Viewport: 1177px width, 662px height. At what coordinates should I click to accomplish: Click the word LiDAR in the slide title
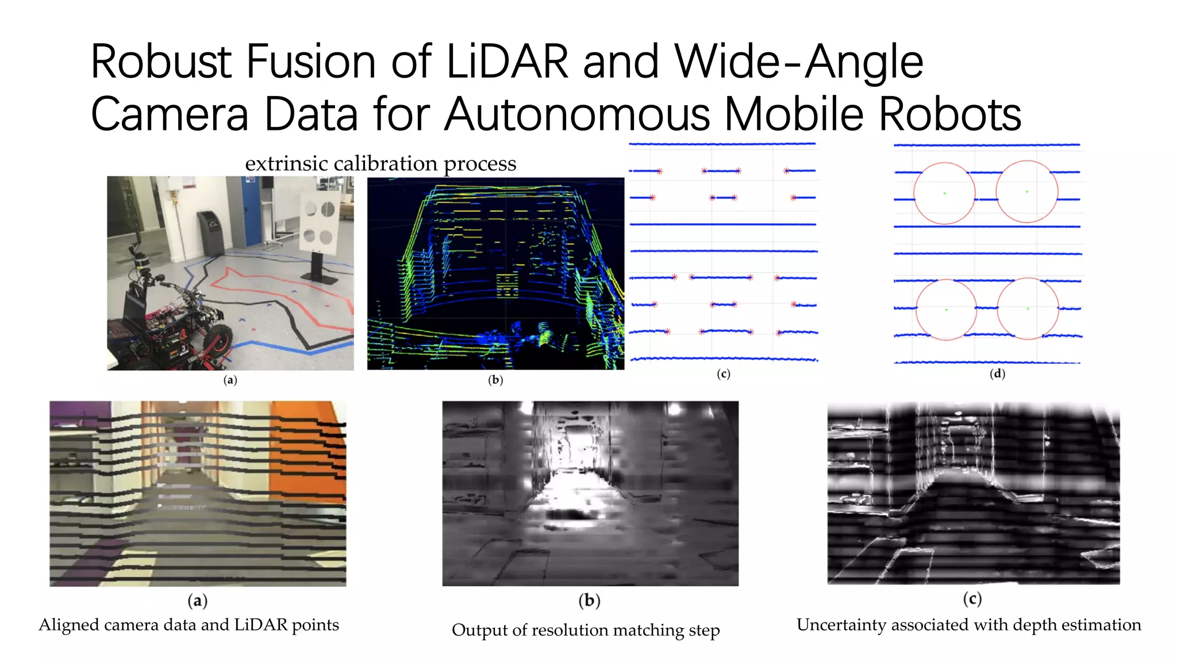click(506, 62)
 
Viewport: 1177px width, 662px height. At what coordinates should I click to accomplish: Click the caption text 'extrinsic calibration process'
click(380, 164)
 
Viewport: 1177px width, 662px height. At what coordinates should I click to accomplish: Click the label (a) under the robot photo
click(230, 380)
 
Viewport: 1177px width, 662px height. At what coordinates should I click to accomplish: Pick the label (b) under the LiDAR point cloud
click(495, 380)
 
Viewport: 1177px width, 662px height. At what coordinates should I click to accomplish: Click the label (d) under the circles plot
click(997, 374)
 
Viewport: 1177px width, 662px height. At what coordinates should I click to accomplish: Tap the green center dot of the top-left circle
click(944, 193)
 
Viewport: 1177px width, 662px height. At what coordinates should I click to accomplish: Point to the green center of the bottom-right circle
click(1028, 309)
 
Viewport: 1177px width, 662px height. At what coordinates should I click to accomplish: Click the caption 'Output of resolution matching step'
click(586, 630)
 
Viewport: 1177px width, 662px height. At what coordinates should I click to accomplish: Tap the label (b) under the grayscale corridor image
click(589, 601)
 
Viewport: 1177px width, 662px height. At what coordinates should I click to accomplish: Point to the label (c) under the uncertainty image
click(972, 599)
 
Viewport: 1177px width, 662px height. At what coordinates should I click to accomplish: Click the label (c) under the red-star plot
click(723, 374)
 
